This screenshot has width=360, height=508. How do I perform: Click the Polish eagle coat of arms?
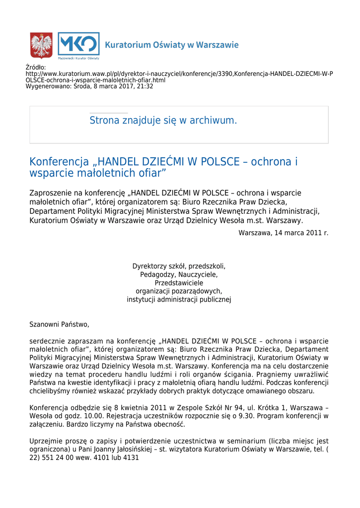click(x=41, y=46)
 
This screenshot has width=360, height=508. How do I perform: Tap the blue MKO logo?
click(x=78, y=45)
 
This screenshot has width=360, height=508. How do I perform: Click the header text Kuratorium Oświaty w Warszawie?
click(x=171, y=45)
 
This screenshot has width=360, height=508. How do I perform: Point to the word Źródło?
click(x=36, y=67)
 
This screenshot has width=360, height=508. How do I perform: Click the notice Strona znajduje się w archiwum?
click(x=163, y=121)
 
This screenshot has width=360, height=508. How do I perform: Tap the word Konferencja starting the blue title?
click(x=59, y=162)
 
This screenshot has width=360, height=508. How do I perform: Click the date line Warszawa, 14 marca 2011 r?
click(x=283, y=233)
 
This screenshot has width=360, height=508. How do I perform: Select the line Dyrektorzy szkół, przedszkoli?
click(x=179, y=266)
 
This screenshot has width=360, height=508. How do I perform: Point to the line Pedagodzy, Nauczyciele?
click(x=179, y=274)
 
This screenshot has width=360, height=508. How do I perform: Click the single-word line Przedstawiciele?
click(x=179, y=283)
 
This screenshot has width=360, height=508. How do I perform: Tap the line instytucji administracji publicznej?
click(x=179, y=300)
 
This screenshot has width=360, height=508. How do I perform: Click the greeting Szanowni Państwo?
click(x=60, y=324)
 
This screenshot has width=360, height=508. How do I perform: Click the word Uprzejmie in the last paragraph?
click(x=46, y=442)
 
